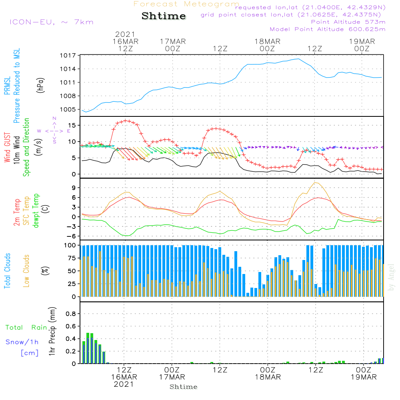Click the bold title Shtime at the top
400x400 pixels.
(x=164, y=16)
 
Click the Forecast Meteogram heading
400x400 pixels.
(x=186, y=4)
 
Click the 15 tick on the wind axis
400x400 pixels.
(x=72, y=125)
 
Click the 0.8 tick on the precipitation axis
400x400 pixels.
(x=70, y=314)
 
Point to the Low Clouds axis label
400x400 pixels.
(x=26, y=271)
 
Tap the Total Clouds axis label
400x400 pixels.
(x=7, y=271)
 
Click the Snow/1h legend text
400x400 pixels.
(x=22, y=342)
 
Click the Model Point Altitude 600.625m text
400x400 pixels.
(x=327, y=29)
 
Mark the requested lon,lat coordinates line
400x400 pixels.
(x=310, y=7)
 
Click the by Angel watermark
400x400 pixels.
(x=391, y=277)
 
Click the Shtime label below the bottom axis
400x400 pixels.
(x=183, y=387)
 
